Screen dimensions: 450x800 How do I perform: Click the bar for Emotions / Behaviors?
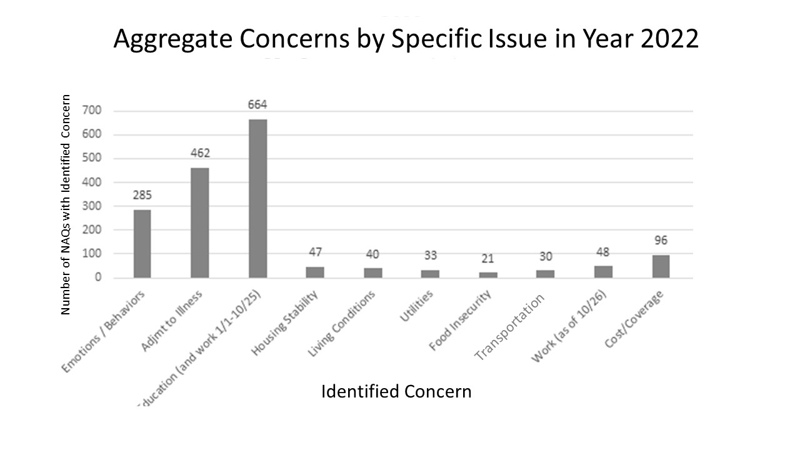(142, 244)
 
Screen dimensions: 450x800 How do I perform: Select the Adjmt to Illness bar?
(199, 222)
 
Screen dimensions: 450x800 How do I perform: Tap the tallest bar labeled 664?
(257, 198)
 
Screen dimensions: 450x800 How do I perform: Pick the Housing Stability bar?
(315, 272)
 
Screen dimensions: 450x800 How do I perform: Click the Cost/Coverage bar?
(661, 266)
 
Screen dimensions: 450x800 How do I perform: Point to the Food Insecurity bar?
(488, 275)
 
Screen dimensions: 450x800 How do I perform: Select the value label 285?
(142, 195)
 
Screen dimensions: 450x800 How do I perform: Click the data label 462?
(200, 153)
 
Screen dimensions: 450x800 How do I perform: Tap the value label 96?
(661, 241)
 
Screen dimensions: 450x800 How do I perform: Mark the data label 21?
(488, 259)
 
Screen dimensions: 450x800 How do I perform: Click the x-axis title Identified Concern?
(396, 392)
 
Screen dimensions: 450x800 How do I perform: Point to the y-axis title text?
(66, 204)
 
